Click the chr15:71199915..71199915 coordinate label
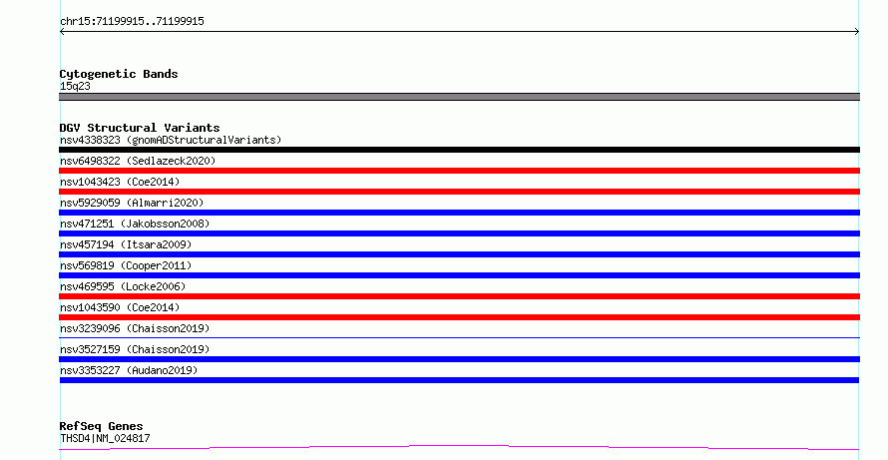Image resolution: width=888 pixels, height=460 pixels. coord(132,22)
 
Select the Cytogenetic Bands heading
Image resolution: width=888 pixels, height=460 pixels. coord(119,74)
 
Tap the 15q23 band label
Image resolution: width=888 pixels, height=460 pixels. coord(75,86)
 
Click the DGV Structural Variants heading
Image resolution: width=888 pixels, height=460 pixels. coord(140,128)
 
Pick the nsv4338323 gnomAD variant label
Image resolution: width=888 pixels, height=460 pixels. coord(171,140)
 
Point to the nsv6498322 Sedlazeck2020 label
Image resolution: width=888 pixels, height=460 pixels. coord(138,161)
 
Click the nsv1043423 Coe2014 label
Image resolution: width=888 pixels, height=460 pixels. coord(120,182)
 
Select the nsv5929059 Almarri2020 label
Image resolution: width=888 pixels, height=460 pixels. coord(132,203)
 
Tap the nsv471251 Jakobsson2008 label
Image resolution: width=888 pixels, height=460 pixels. coord(135,224)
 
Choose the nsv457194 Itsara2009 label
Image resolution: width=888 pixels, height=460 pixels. coord(126,244)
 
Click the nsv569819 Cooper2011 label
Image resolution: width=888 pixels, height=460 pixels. coord(126,265)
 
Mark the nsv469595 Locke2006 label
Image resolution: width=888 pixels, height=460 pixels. coord(123,286)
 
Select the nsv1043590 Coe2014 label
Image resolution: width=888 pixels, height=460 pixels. coord(120,307)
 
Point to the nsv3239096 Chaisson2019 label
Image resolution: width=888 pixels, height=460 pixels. coord(135,328)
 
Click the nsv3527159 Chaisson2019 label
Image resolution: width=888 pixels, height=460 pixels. coord(135,349)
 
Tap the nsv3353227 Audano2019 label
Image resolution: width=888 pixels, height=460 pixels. coord(129,370)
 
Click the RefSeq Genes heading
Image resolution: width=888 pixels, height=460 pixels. coord(101,426)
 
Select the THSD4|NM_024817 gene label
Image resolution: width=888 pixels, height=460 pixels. coord(105,438)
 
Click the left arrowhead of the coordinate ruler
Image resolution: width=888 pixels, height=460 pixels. coord(61,32)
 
